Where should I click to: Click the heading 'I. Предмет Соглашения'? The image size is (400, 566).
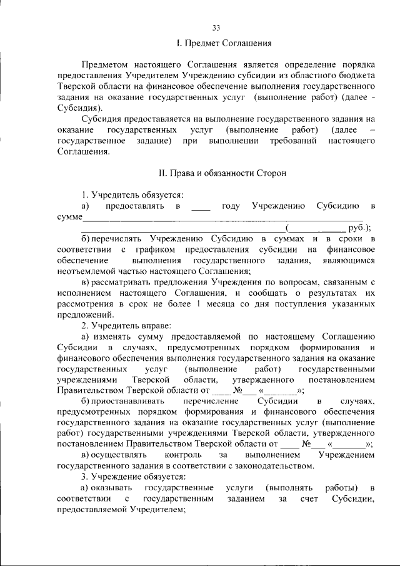[223, 44]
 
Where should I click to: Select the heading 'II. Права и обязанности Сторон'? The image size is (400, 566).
[223, 173]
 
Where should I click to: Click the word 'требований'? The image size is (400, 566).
[290, 141]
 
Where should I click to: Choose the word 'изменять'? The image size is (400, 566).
[113, 336]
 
